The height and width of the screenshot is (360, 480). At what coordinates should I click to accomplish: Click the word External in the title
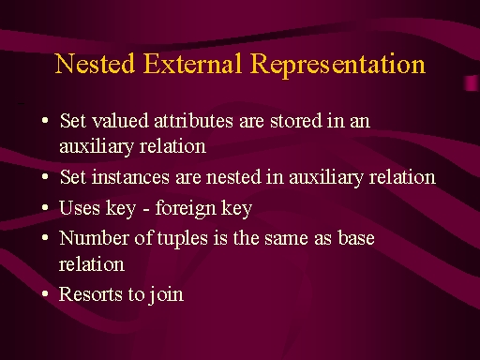click(x=192, y=64)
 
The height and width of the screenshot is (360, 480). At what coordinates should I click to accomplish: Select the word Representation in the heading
click(x=337, y=66)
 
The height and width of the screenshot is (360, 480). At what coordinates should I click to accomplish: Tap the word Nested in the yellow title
click(x=95, y=64)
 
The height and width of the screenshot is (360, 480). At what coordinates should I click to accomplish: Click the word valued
click(x=120, y=120)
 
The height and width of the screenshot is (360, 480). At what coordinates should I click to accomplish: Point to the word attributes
click(x=193, y=121)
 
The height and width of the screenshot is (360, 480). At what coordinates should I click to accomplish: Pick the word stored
click(x=295, y=121)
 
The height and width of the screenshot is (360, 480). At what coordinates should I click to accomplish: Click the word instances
click(x=130, y=177)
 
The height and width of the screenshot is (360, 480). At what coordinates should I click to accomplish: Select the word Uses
click(x=80, y=207)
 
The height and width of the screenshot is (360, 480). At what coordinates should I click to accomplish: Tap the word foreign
click(x=186, y=208)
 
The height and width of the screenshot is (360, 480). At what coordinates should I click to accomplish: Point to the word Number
click(x=94, y=238)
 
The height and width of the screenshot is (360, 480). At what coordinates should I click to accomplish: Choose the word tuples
click(x=182, y=239)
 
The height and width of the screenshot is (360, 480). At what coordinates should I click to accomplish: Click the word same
click(x=287, y=239)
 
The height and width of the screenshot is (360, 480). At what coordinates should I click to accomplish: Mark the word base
click(x=356, y=238)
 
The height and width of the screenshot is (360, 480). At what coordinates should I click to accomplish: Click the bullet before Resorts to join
click(x=45, y=293)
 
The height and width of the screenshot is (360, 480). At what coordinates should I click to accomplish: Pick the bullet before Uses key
click(x=45, y=207)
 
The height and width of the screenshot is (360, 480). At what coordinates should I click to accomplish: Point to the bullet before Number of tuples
click(x=45, y=237)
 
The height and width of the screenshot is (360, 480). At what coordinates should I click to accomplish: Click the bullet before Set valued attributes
click(x=45, y=120)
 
